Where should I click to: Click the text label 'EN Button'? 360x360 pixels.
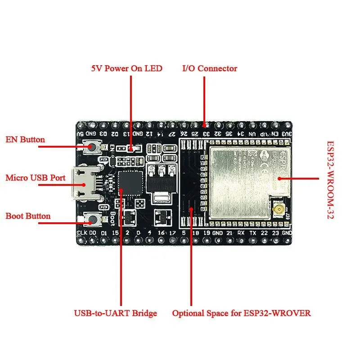[25, 139]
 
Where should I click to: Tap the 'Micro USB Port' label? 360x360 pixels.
[36, 178]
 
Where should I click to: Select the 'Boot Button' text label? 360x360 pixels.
[28, 216]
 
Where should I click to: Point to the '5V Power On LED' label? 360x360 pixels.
[126, 69]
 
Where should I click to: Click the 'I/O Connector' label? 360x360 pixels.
[209, 69]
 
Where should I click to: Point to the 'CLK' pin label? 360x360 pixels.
[82, 233]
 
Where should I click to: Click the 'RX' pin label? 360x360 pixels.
[241, 233]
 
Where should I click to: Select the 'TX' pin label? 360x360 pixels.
[252, 233]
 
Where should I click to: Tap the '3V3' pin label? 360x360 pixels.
[286, 134]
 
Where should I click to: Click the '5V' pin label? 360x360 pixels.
[81, 134]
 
